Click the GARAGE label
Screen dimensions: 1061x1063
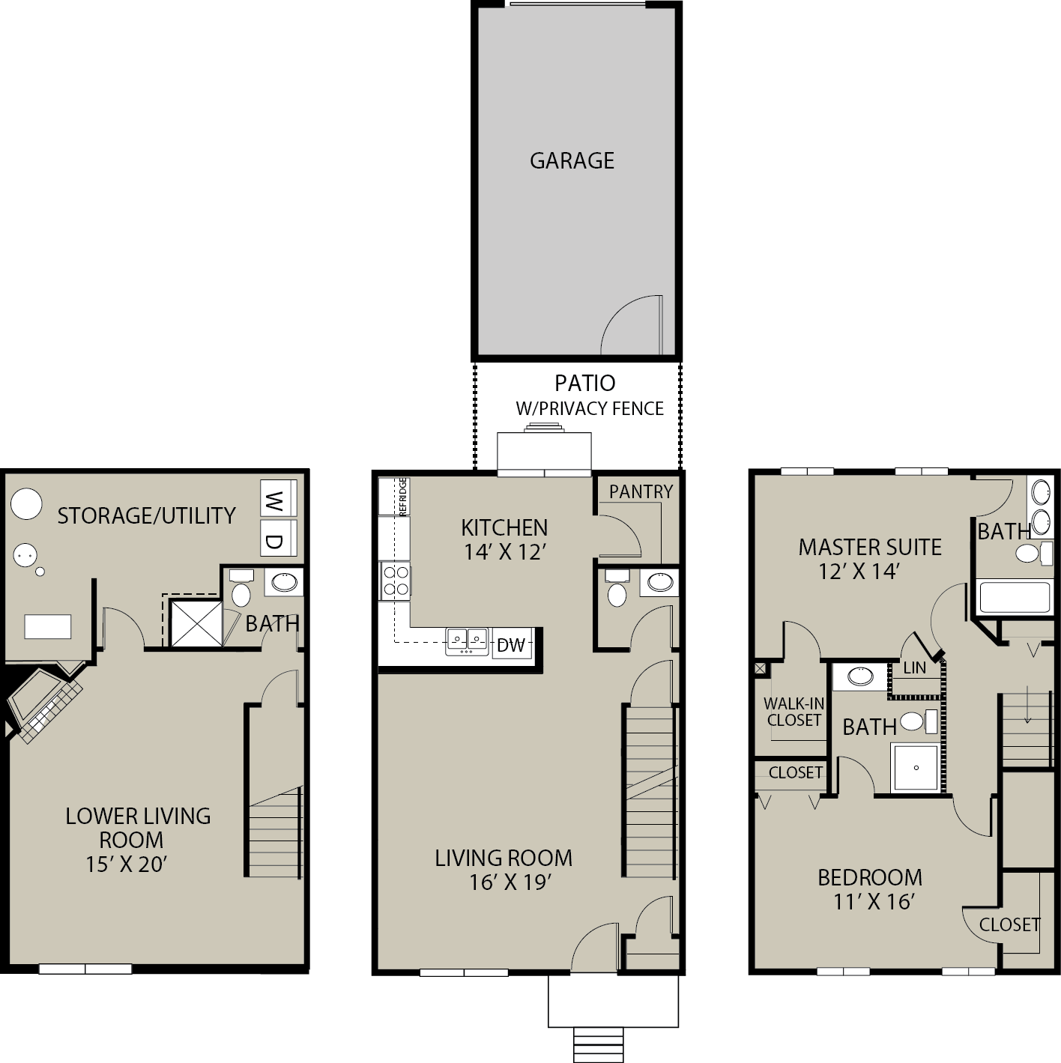tap(572, 160)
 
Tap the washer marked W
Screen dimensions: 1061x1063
tap(278, 498)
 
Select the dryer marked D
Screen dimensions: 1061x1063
tap(278, 538)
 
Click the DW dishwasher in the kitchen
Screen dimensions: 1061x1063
tap(511, 644)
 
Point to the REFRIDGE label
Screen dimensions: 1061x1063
tap(402, 497)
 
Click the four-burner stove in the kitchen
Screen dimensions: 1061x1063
tap(396, 581)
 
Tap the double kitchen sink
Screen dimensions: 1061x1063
tap(467, 641)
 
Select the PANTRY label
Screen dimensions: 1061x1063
tap(641, 491)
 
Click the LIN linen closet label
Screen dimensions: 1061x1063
tap(915, 668)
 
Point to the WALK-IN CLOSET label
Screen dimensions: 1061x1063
tap(794, 712)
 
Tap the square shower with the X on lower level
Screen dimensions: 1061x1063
tap(196, 623)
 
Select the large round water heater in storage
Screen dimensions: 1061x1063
tap(26, 503)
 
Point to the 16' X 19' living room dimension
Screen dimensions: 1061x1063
tap(510, 882)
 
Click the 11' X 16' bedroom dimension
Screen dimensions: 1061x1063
tap(874, 901)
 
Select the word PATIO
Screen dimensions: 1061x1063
tap(585, 383)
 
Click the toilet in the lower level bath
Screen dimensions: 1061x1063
tap(241, 589)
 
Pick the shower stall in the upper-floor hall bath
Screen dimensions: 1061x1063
tap(916, 767)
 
